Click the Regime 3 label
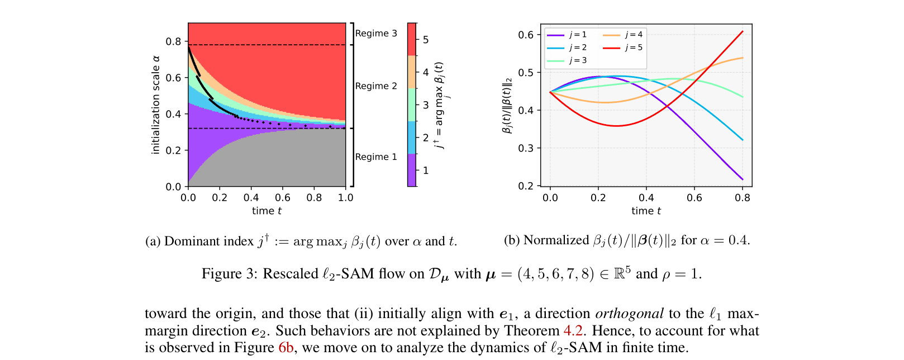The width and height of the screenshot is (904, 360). click(376, 34)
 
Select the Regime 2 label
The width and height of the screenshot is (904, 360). click(376, 86)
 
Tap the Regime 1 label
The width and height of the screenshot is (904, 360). click(376, 157)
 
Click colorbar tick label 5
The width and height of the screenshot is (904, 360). click(426, 40)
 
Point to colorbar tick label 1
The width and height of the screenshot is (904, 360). click(426, 170)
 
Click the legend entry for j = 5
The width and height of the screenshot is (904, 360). click(633, 48)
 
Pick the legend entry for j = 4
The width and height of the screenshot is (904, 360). click(633, 35)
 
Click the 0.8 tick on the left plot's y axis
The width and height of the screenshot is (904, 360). click(173, 42)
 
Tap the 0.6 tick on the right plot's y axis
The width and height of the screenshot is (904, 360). click(526, 35)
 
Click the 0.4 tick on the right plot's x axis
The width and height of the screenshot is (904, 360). click(646, 198)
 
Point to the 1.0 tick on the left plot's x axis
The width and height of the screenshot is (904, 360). click(346, 198)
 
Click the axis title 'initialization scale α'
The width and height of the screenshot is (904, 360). click(156, 105)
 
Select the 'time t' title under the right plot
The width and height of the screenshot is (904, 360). click(646, 211)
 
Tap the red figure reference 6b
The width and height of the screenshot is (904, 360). click(286, 348)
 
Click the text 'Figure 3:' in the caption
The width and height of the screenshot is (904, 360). click(230, 274)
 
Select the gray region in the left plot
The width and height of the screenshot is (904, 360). click(279, 162)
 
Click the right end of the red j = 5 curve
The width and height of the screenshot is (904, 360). click(743, 31)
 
